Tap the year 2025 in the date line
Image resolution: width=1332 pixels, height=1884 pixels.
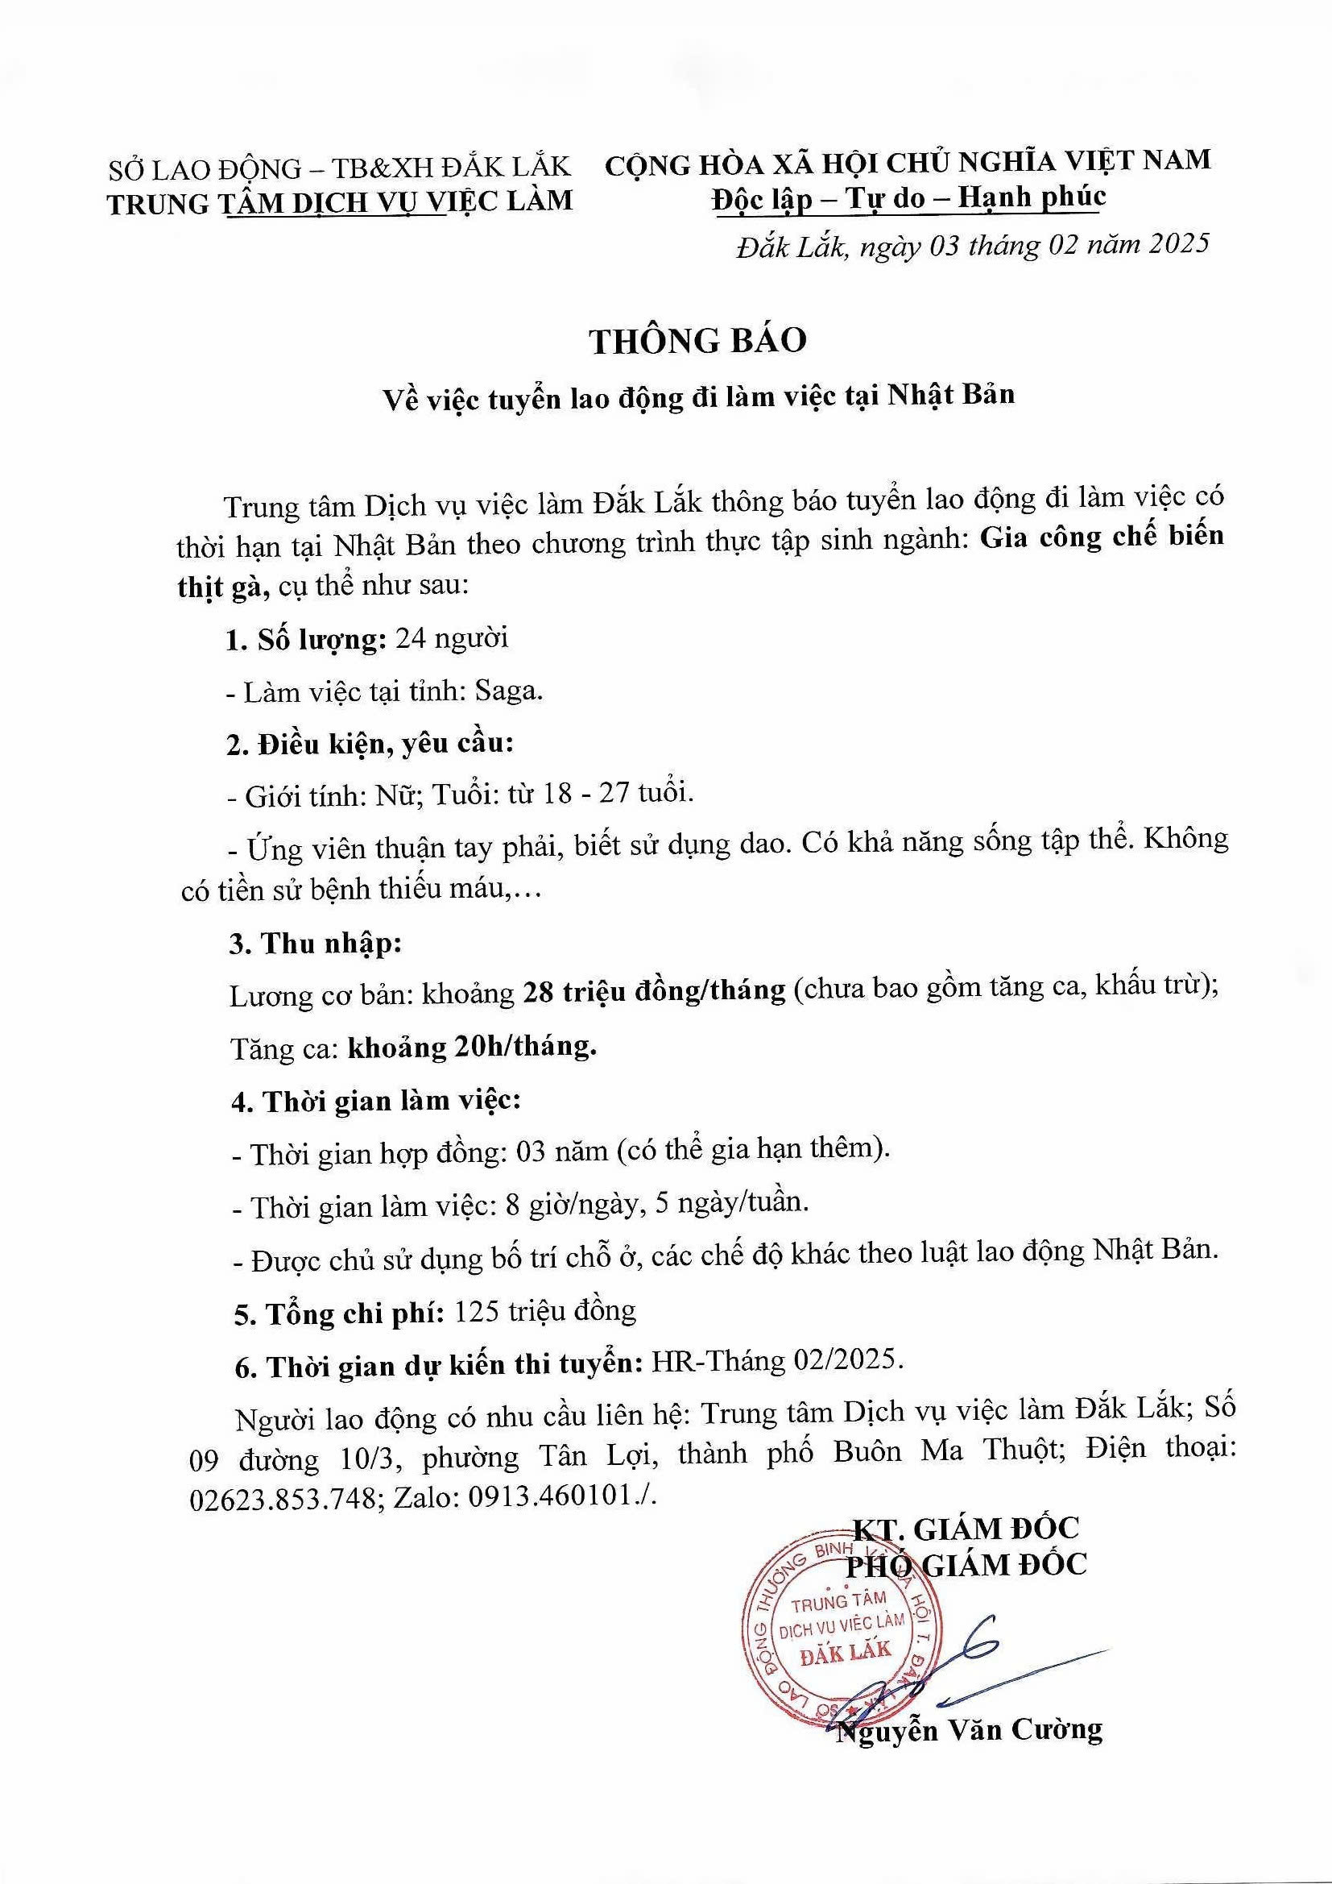pyautogui.click(x=1178, y=243)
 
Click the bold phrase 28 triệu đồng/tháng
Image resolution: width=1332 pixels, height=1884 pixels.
pyautogui.click(x=653, y=991)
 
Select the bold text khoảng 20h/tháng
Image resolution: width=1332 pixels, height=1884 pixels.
pyautogui.click(x=472, y=1047)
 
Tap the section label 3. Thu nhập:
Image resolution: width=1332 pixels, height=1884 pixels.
pyautogui.click(x=316, y=944)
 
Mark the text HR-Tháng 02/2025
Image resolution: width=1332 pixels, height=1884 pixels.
pyautogui.click(x=776, y=1361)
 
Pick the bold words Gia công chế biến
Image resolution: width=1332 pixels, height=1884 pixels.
pyautogui.click(x=1102, y=537)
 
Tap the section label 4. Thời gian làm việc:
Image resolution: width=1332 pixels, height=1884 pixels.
pyautogui.click(x=375, y=1102)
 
